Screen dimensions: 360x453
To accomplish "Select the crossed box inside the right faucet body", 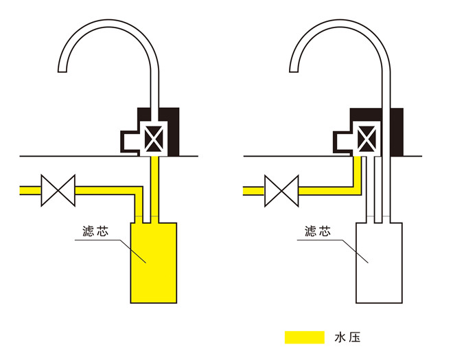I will pyautogui.click(x=368, y=138).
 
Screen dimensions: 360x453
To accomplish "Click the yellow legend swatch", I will pyautogui.click(x=304, y=337).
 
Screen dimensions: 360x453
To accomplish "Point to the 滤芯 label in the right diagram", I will pyautogui.click(x=318, y=232).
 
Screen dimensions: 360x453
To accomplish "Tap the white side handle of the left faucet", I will pyautogui.click(x=130, y=140).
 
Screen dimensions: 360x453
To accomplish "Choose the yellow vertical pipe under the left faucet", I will pyautogui.click(x=154, y=185).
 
